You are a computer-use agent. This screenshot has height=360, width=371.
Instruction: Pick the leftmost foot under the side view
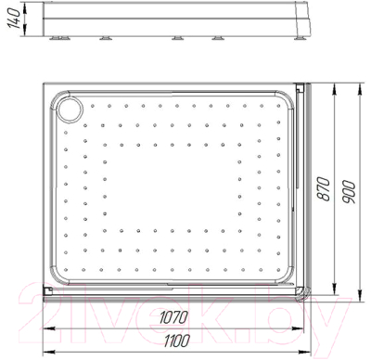click(62, 38)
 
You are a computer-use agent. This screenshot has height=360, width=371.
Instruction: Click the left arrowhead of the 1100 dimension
click(45, 352)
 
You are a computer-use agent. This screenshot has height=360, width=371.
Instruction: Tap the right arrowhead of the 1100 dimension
click(309, 352)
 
